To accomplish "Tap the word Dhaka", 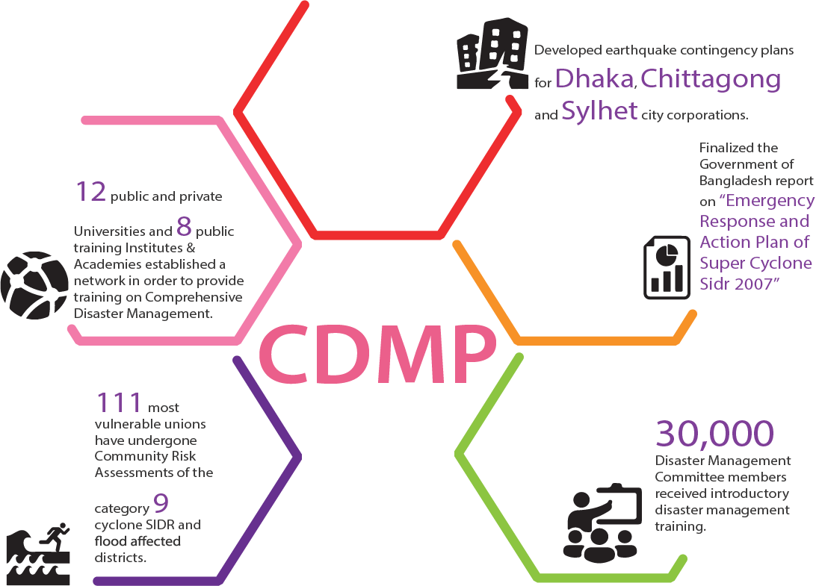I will point(596,78).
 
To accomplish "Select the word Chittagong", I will point(711,79).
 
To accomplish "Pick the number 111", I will point(119,403).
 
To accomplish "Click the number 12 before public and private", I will point(90,192).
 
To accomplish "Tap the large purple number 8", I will point(185,227).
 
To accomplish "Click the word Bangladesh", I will point(735,181).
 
